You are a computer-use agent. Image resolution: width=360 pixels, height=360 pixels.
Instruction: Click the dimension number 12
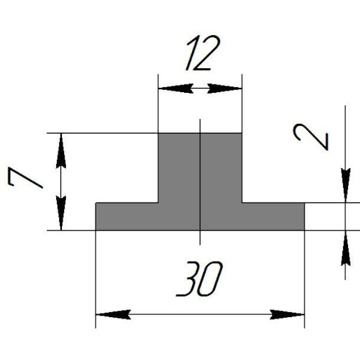(203, 53)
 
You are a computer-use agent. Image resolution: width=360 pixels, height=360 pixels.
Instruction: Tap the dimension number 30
(199, 278)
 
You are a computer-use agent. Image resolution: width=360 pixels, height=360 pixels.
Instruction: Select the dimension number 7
(25, 177)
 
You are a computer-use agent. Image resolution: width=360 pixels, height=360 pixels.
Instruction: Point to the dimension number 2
(311, 137)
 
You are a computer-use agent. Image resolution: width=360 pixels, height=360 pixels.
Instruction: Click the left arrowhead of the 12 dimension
(176, 89)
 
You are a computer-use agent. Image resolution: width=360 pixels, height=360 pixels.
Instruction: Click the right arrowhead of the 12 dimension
(224, 89)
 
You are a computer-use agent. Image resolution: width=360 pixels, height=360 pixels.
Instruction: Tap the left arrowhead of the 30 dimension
(113, 314)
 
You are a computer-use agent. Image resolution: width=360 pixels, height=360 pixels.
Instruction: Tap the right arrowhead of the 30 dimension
(287, 314)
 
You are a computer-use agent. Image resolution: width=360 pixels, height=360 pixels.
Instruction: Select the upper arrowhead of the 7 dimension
(61, 150)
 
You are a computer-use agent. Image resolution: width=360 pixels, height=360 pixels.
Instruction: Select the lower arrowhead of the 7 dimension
(61, 213)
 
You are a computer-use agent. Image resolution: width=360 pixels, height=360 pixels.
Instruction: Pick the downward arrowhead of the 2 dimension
(345, 185)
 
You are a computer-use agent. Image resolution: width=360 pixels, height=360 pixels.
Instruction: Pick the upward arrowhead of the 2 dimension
(345, 248)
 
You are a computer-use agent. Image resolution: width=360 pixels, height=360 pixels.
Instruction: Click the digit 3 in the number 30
(187, 278)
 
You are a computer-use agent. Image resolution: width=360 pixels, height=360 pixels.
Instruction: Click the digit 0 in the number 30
(210, 278)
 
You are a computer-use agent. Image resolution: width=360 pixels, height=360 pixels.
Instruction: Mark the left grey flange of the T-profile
(127, 217)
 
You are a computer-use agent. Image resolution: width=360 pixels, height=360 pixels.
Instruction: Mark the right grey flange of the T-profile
(274, 217)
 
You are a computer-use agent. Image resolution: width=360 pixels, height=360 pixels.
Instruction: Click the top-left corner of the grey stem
(158, 134)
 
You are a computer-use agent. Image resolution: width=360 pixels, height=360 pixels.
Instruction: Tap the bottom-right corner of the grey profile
(304, 230)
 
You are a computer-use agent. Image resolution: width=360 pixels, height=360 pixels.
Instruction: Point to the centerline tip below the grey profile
(200, 245)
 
